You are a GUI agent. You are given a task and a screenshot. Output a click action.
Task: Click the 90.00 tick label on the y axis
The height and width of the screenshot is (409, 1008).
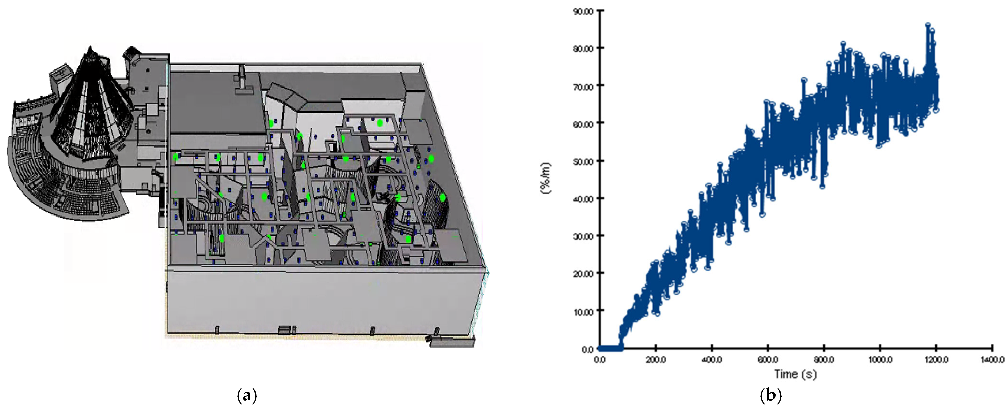click(583, 11)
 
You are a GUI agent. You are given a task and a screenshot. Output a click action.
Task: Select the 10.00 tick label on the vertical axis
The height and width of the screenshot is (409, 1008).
click(583, 312)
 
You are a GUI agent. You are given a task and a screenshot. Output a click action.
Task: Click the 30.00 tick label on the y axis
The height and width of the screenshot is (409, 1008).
click(583, 236)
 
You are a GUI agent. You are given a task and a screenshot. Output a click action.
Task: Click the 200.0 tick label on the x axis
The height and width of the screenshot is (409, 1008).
click(656, 359)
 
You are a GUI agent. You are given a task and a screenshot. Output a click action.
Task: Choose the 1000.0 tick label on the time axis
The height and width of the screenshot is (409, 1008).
click(880, 359)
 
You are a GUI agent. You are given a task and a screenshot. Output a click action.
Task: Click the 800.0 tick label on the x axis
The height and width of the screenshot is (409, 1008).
click(824, 359)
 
